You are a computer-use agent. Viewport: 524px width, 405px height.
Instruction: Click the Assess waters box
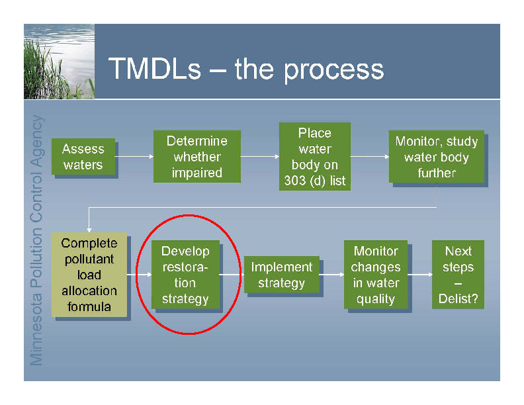(83, 156)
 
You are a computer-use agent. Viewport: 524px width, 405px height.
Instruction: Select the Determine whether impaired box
(197, 156)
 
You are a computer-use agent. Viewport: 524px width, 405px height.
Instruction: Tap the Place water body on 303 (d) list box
(315, 156)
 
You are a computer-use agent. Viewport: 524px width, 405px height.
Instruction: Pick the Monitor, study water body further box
(437, 156)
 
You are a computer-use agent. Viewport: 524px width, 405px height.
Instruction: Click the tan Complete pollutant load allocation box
(89, 275)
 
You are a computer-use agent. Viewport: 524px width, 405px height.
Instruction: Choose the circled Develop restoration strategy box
(185, 275)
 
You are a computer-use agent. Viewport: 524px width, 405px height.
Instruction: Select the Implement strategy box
(282, 275)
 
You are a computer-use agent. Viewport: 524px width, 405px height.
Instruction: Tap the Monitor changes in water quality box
(376, 275)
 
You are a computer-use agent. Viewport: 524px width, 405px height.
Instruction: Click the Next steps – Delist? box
(458, 275)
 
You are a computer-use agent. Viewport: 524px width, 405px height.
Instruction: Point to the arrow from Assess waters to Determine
(134, 156)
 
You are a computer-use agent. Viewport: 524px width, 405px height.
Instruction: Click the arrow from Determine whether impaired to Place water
(259, 156)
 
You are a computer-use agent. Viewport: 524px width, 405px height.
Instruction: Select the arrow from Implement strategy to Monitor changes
(332, 275)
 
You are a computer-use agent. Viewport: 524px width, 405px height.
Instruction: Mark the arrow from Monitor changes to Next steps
(420, 275)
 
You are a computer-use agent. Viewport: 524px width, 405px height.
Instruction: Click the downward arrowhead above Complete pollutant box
(89, 230)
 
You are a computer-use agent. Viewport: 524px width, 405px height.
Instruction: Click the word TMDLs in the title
(155, 69)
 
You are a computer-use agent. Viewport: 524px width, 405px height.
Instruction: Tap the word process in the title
(334, 71)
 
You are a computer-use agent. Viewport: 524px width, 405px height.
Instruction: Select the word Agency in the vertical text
(37, 140)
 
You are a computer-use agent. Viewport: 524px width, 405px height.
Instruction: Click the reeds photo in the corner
(59, 62)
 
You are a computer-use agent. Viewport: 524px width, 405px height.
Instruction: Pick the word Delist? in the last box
(458, 298)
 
